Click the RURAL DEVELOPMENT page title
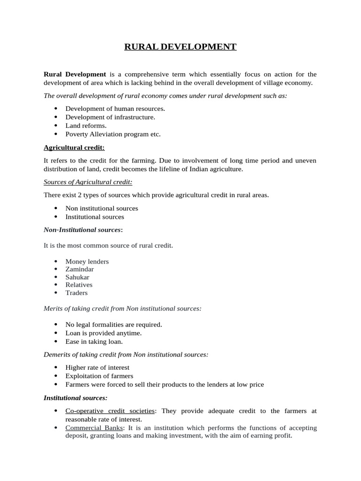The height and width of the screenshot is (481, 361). [x=180, y=47]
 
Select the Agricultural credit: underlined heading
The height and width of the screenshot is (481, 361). [x=74, y=147]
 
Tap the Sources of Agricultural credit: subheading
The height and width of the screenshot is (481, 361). [x=85, y=182]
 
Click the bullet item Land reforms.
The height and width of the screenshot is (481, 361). [x=86, y=125]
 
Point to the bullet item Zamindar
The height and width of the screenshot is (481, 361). [x=79, y=269]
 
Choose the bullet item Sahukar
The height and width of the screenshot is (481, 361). [x=77, y=277]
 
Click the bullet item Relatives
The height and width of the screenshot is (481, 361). [x=79, y=285]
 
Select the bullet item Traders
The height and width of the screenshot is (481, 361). [x=77, y=293]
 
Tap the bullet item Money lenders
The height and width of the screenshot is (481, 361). [x=87, y=261]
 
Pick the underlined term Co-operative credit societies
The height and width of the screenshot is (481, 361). [x=110, y=411]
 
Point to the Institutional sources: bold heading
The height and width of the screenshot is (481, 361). [x=75, y=398]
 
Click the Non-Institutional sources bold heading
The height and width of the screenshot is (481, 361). [x=82, y=230]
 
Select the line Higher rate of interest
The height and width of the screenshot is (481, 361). [x=97, y=367]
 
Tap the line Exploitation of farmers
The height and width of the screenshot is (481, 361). [x=99, y=376]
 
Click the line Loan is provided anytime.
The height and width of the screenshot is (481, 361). [x=103, y=333]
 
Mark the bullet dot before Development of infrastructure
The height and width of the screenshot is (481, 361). [x=55, y=117]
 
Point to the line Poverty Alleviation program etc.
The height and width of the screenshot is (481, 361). [x=113, y=134]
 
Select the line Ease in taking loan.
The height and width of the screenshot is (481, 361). [x=94, y=341]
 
